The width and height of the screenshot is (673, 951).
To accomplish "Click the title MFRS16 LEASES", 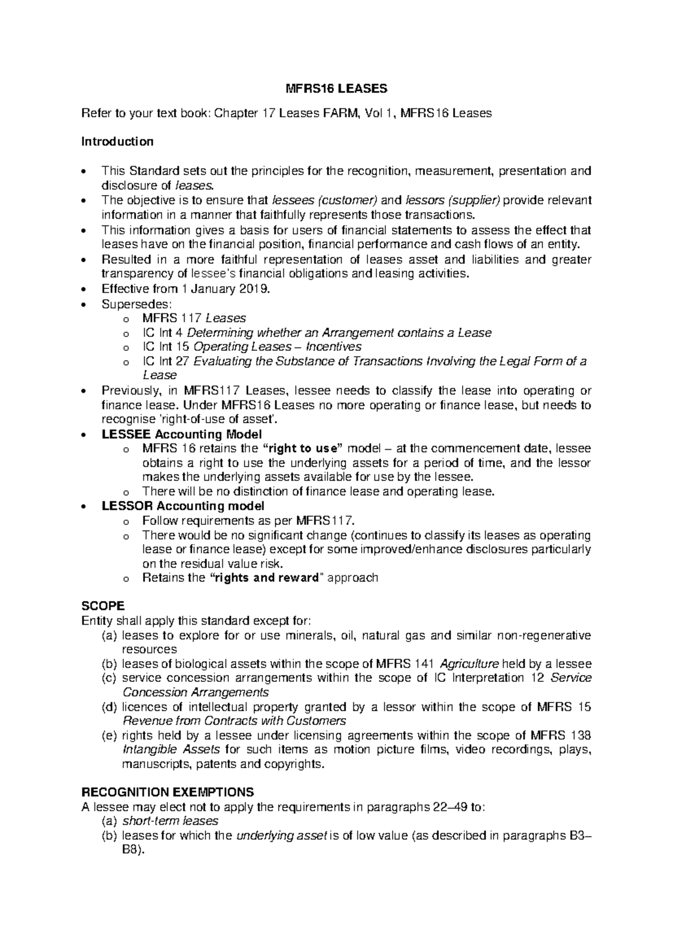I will click(x=336, y=89).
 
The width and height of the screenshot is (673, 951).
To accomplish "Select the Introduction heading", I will click(x=117, y=141).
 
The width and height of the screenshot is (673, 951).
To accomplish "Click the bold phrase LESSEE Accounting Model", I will click(x=181, y=435).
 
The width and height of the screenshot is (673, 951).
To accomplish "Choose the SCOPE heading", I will click(x=103, y=607).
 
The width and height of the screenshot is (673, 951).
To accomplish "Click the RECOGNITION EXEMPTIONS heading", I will click(x=168, y=792).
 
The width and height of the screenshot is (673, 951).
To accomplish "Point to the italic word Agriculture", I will click(x=469, y=664).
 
